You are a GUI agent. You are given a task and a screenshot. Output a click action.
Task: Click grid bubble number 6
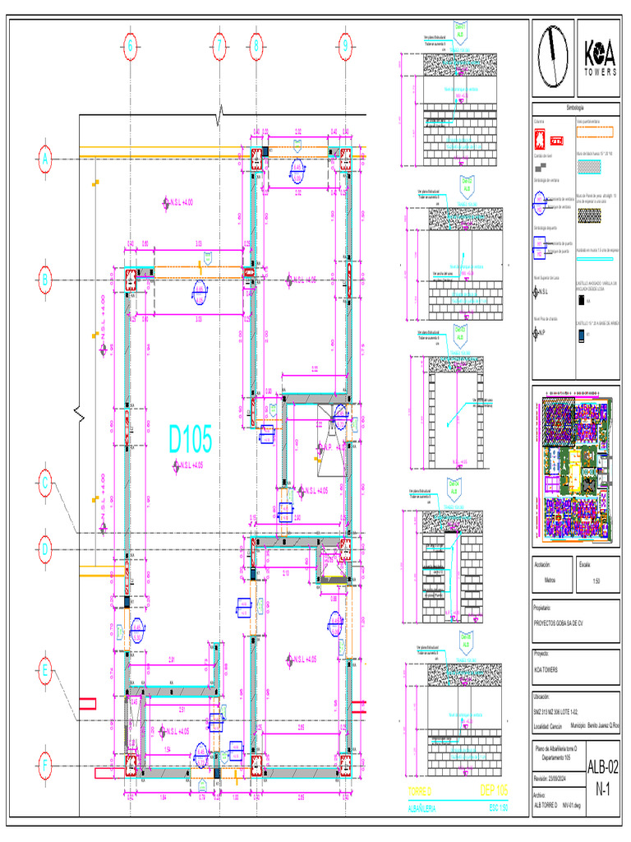pos(129,46)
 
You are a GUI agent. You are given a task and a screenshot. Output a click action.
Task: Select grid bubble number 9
pos(346,46)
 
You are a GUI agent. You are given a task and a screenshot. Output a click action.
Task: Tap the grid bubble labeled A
pos(45,160)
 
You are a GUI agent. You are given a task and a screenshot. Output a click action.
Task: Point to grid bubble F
pos(45,764)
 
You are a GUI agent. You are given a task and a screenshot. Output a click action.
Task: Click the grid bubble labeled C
pos(45,484)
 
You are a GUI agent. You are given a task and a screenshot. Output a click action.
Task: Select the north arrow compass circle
pos(553,58)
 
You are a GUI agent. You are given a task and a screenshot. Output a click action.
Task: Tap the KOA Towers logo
pos(600,58)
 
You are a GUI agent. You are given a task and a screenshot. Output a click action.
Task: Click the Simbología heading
pos(575,108)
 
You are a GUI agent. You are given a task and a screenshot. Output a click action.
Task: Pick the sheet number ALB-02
pos(601,766)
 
